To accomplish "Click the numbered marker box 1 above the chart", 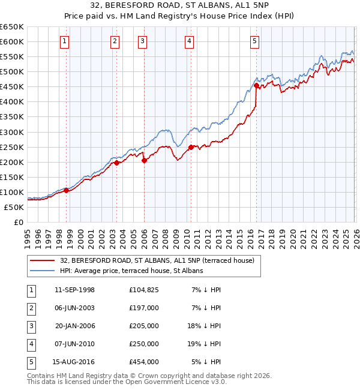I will click(x=64, y=41).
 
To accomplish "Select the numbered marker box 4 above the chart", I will click(x=189, y=41).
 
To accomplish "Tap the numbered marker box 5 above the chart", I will click(x=255, y=41).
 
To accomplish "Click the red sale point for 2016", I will click(x=256, y=85).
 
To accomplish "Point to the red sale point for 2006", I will click(x=144, y=160).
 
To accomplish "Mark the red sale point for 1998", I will click(x=67, y=190).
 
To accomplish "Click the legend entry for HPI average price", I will click(x=131, y=271).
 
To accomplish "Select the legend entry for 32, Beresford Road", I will click(x=157, y=260).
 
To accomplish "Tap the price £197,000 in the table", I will click(x=144, y=308).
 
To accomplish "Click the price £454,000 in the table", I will click(x=144, y=362).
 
